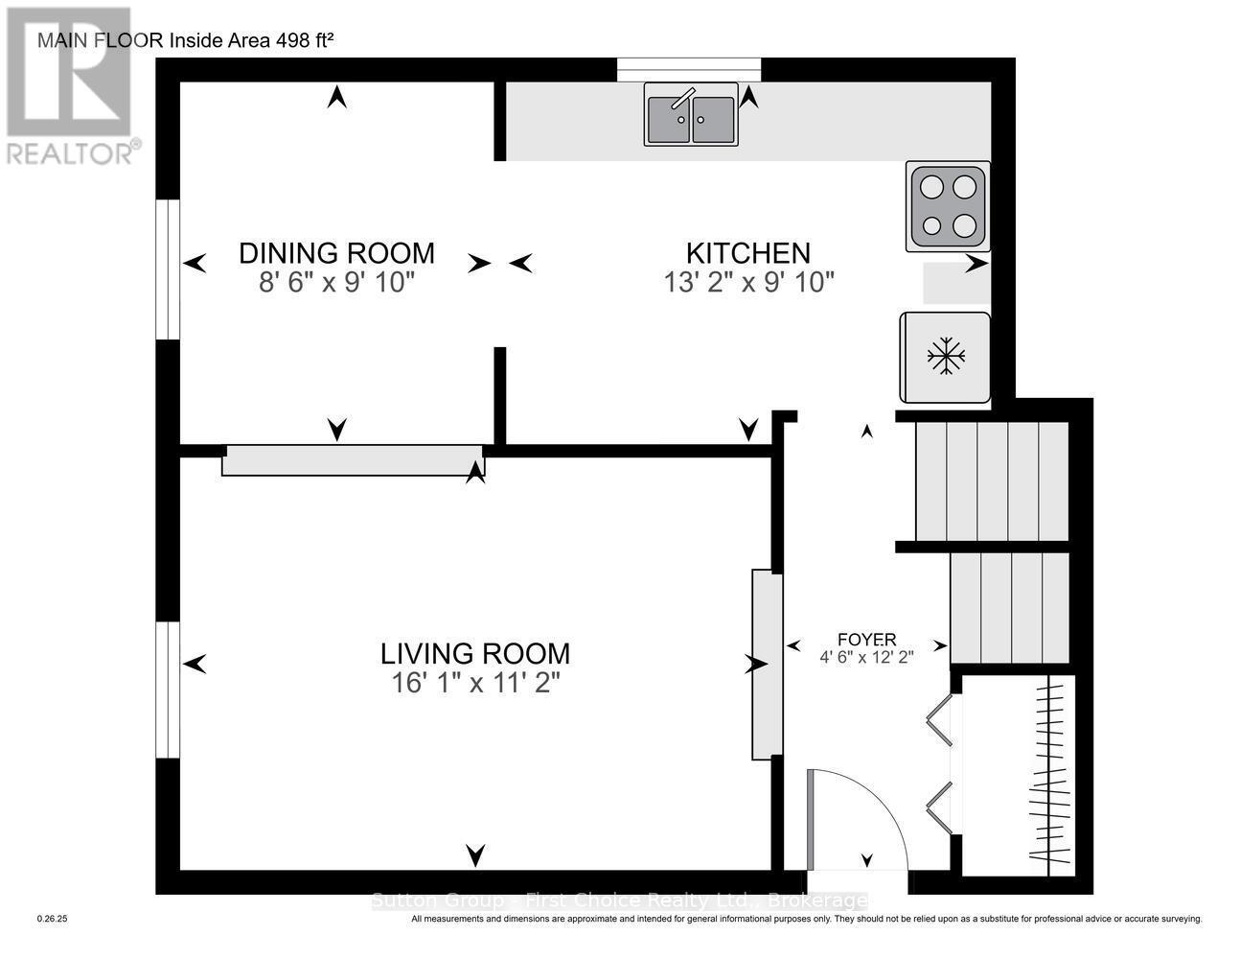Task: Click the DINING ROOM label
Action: point(336,253)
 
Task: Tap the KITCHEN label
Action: point(747,253)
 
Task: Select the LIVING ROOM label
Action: point(475,654)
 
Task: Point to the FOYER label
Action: point(866,640)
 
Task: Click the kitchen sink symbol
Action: point(691,115)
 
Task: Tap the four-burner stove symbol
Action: point(948,206)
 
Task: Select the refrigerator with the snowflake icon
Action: point(945,357)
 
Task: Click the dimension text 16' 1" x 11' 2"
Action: point(475,684)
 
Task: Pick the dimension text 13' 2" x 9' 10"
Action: point(747,283)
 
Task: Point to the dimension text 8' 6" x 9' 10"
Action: point(336,283)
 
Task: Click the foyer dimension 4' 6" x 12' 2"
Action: point(866,658)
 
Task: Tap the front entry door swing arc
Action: point(862,815)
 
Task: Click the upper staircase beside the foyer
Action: point(992,481)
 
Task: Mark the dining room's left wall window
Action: point(169,269)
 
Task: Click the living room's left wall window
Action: point(169,690)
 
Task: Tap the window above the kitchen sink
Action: point(689,70)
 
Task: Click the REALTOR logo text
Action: point(73,152)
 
